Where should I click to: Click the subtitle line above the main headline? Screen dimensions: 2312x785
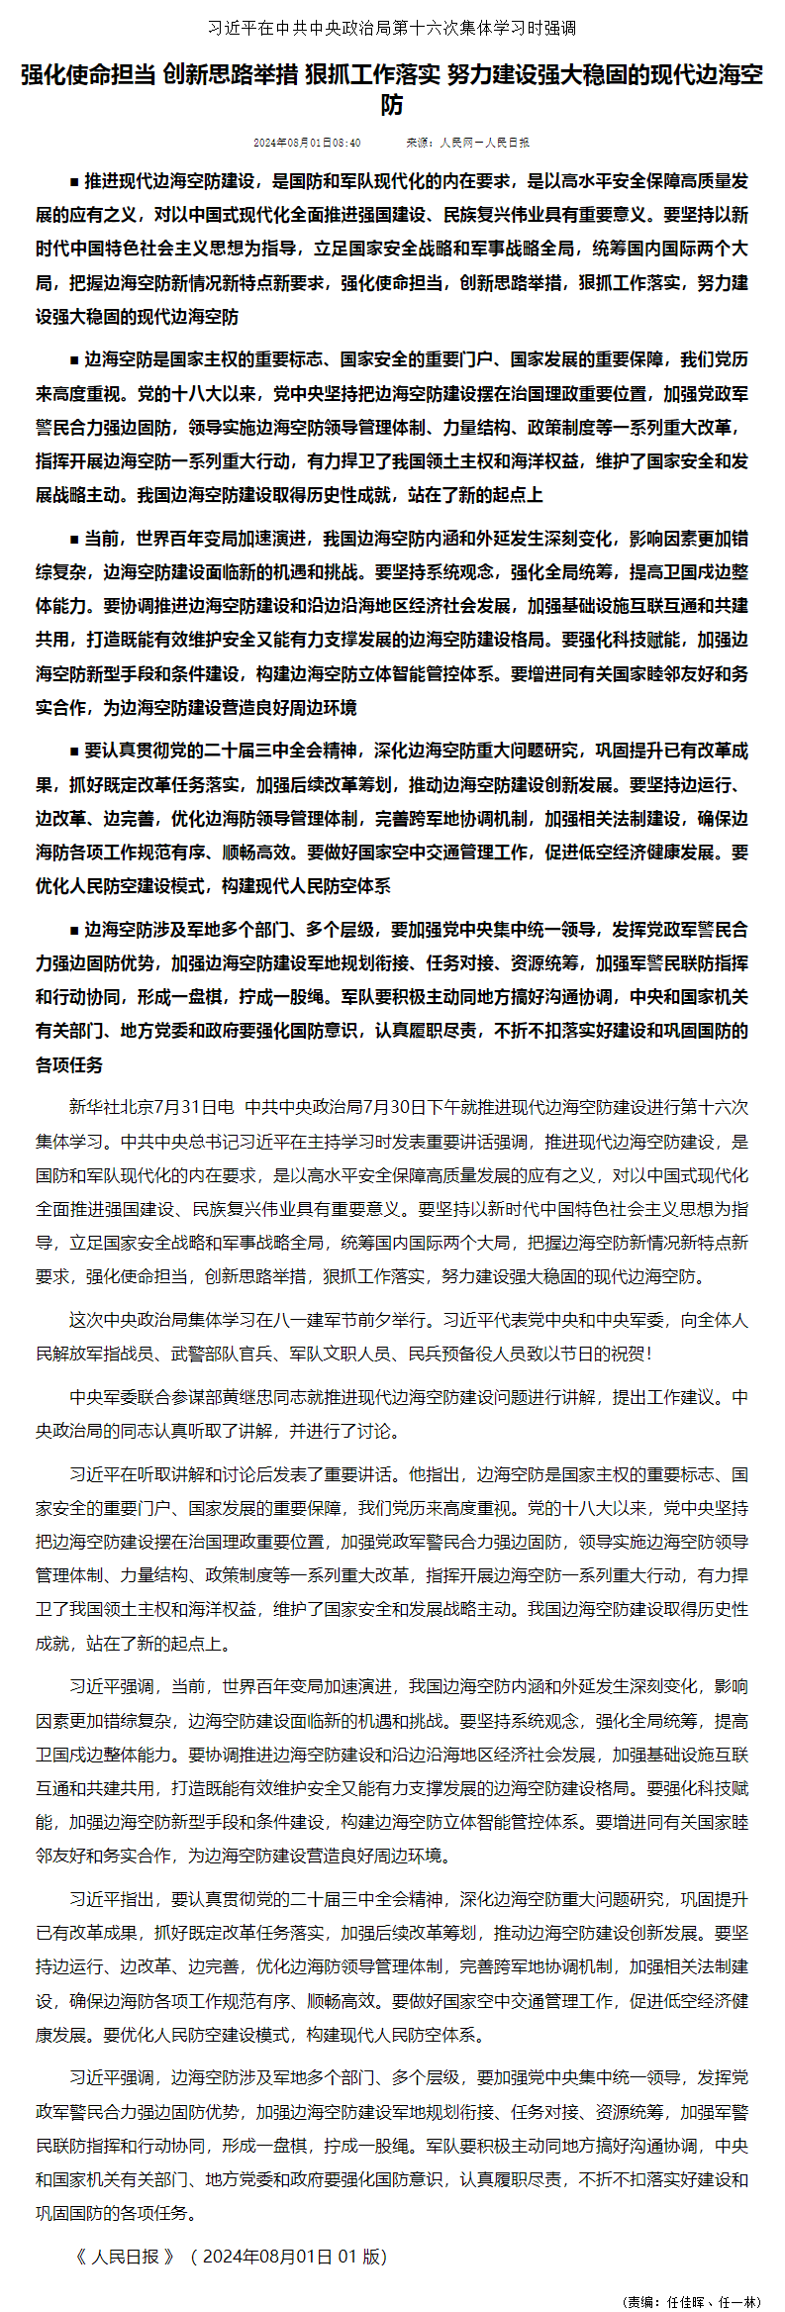(x=392, y=28)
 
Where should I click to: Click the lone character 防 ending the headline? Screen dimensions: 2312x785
(x=392, y=105)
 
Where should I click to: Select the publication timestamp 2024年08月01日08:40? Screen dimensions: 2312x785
(x=307, y=143)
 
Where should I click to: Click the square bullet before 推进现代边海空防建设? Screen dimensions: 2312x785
(x=74, y=182)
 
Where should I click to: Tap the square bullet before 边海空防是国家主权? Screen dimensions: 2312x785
(x=74, y=360)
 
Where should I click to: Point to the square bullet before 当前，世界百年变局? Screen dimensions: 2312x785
(x=74, y=540)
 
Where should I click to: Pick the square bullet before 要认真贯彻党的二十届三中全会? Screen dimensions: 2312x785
(x=74, y=752)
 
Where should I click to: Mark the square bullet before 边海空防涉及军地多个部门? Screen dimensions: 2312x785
(x=74, y=931)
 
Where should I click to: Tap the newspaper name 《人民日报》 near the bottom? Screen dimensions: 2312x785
(x=125, y=2257)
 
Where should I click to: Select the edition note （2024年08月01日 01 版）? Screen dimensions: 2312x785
(x=289, y=2257)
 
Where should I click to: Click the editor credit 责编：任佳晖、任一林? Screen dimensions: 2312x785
(x=690, y=2300)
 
